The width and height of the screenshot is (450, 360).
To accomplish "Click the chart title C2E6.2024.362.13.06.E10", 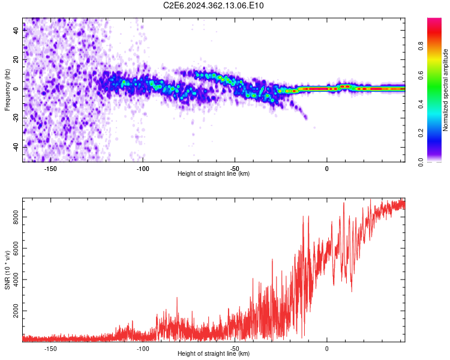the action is tap(213, 5).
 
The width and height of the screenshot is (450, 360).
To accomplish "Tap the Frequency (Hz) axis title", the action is tap(7, 90).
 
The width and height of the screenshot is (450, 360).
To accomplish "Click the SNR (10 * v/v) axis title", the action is tap(7, 270).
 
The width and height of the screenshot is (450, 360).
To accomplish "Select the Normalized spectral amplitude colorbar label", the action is tap(445, 90).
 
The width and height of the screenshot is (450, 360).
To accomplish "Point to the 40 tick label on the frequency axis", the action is tap(16, 30).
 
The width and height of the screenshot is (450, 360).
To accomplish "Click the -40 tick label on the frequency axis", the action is tap(16, 148).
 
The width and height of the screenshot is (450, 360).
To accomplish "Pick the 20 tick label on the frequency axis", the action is tap(16, 60).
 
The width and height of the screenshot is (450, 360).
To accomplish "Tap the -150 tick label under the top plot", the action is tap(50, 169).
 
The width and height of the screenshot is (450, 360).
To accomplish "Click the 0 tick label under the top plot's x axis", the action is tap(326, 169).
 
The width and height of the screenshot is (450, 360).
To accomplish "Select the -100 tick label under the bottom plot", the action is tap(143, 349).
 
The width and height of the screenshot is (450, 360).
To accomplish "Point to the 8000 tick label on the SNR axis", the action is tap(16, 217).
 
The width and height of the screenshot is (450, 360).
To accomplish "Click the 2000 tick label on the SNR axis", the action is tap(16, 311).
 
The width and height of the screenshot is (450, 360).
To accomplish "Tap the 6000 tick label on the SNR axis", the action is tap(16, 248).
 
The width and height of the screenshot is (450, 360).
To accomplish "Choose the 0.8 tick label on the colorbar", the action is tap(421, 46).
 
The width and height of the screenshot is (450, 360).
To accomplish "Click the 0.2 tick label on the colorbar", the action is tap(421, 133).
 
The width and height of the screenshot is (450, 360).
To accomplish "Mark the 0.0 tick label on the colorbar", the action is tap(421, 162).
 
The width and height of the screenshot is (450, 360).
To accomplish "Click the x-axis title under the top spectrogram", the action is tap(214, 173).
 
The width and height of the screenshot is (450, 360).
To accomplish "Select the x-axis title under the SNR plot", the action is tap(214, 353).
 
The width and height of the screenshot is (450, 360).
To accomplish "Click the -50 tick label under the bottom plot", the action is tap(235, 349).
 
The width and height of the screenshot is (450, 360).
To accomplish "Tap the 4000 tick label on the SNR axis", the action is tap(16, 280).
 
